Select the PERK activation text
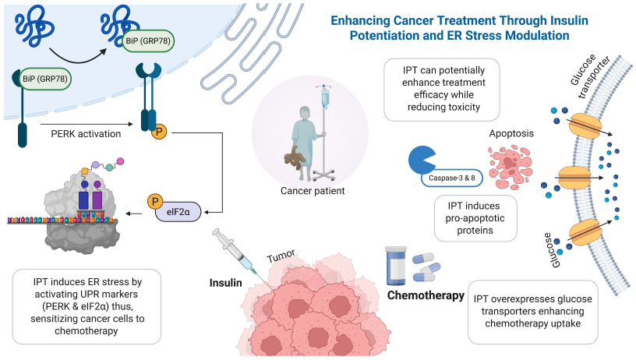coord(85,134)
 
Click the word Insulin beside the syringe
coord(225,281)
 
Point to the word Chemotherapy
coord(426,295)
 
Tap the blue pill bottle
coord(397,266)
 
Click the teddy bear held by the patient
coord(295,158)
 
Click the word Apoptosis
coord(511,133)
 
